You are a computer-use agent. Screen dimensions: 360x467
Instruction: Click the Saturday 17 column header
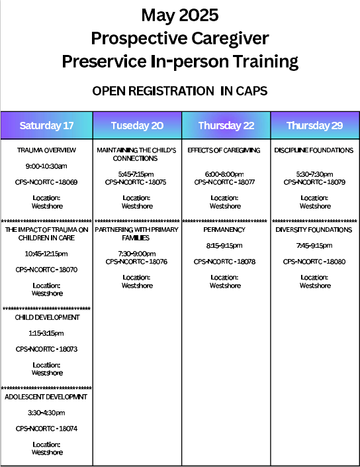pyautogui.click(x=47, y=125)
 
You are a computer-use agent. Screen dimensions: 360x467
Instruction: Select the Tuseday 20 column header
pyautogui.click(x=137, y=125)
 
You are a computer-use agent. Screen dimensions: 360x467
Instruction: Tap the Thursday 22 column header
pyautogui.click(x=226, y=125)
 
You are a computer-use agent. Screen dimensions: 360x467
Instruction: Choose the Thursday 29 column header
pyautogui.click(x=315, y=125)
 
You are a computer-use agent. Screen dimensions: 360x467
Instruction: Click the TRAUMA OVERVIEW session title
pyautogui.click(x=46, y=150)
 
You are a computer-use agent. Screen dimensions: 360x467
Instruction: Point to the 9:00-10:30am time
pyautogui.click(x=46, y=166)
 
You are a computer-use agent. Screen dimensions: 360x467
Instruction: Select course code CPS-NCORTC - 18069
pyautogui.click(x=46, y=182)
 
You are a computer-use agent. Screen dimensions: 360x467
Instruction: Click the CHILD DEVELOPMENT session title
pyautogui.click(x=47, y=317)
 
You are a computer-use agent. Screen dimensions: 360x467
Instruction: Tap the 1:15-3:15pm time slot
pyautogui.click(x=46, y=333)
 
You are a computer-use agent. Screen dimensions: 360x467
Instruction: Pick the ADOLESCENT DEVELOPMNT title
pyautogui.click(x=46, y=397)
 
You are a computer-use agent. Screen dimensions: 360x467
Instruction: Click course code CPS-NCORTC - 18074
pyautogui.click(x=46, y=429)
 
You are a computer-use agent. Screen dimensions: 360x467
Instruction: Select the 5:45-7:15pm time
pyautogui.click(x=136, y=174)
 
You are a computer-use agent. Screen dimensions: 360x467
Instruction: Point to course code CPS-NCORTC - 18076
pyautogui.click(x=136, y=262)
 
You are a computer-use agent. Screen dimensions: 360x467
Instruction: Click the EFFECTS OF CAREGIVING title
pyautogui.click(x=224, y=150)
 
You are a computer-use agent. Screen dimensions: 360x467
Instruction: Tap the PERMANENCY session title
pyautogui.click(x=224, y=230)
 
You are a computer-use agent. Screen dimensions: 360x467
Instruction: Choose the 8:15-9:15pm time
pyautogui.click(x=224, y=246)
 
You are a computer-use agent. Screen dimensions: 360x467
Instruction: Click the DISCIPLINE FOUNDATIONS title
pyautogui.click(x=314, y=150)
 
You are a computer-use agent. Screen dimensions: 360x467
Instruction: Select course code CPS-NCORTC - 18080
pyautogui.click(x=314, y=262)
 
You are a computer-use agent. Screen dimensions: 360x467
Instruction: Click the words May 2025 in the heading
pyautogui.click(x=180, y=15)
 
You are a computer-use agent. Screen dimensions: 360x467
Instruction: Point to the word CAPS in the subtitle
pyautogui.click(x=251, y=91)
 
